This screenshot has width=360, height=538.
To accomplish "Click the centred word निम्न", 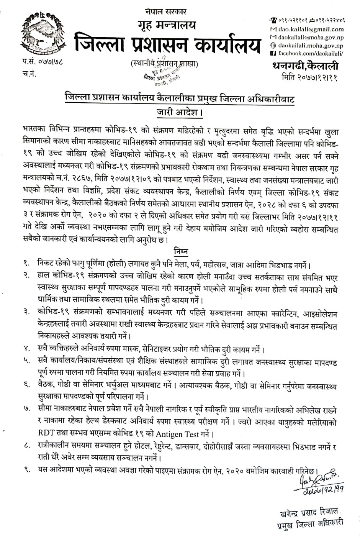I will (x=180, y=251).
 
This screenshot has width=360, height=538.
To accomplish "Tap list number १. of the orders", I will (x=26, y=264).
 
